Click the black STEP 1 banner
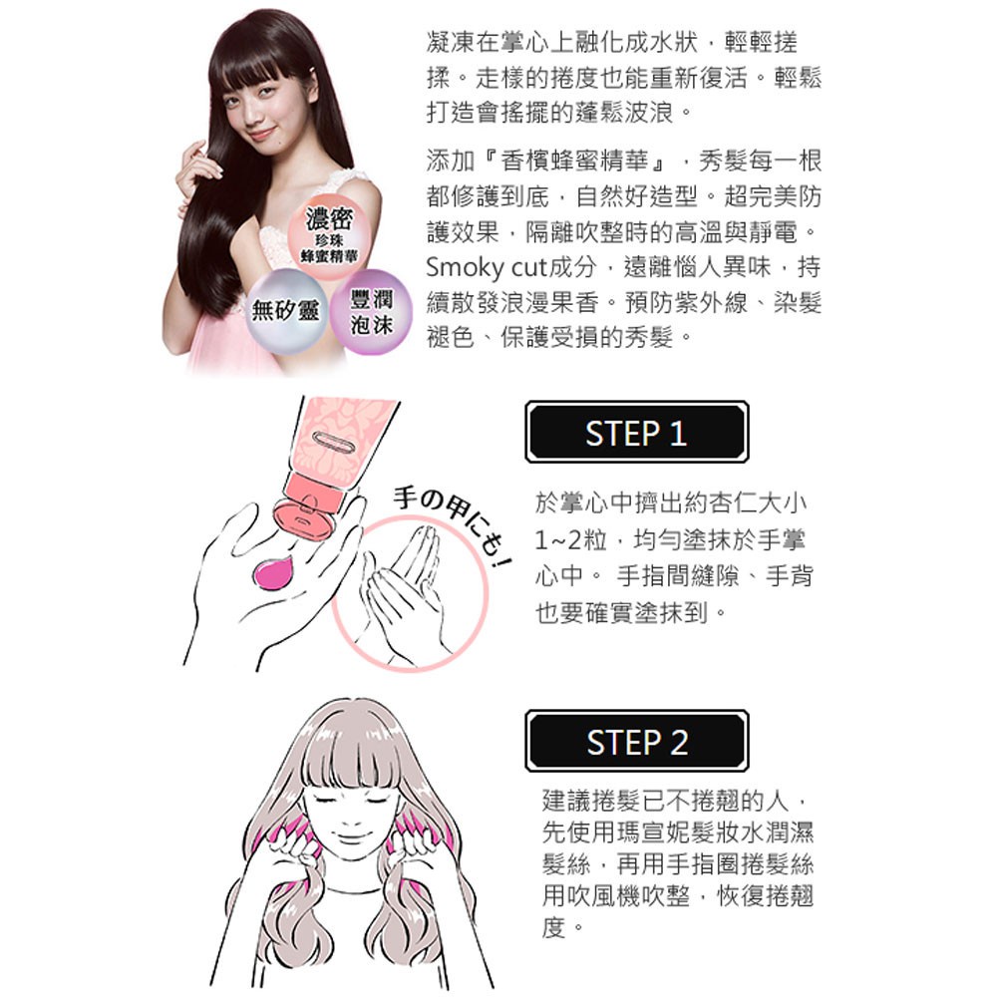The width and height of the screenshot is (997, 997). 636,432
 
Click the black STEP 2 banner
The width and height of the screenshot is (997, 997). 636,741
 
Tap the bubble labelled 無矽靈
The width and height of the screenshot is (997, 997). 286,311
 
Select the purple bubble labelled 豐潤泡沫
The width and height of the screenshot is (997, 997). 371,311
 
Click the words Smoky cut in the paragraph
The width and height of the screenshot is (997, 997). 486,267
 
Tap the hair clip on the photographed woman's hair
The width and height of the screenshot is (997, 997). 311,69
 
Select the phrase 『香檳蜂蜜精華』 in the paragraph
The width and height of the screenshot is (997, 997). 575,161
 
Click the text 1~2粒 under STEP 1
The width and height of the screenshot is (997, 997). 569,540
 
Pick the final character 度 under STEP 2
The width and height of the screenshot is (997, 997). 553,927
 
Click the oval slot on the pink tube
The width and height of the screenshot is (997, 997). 331,441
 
